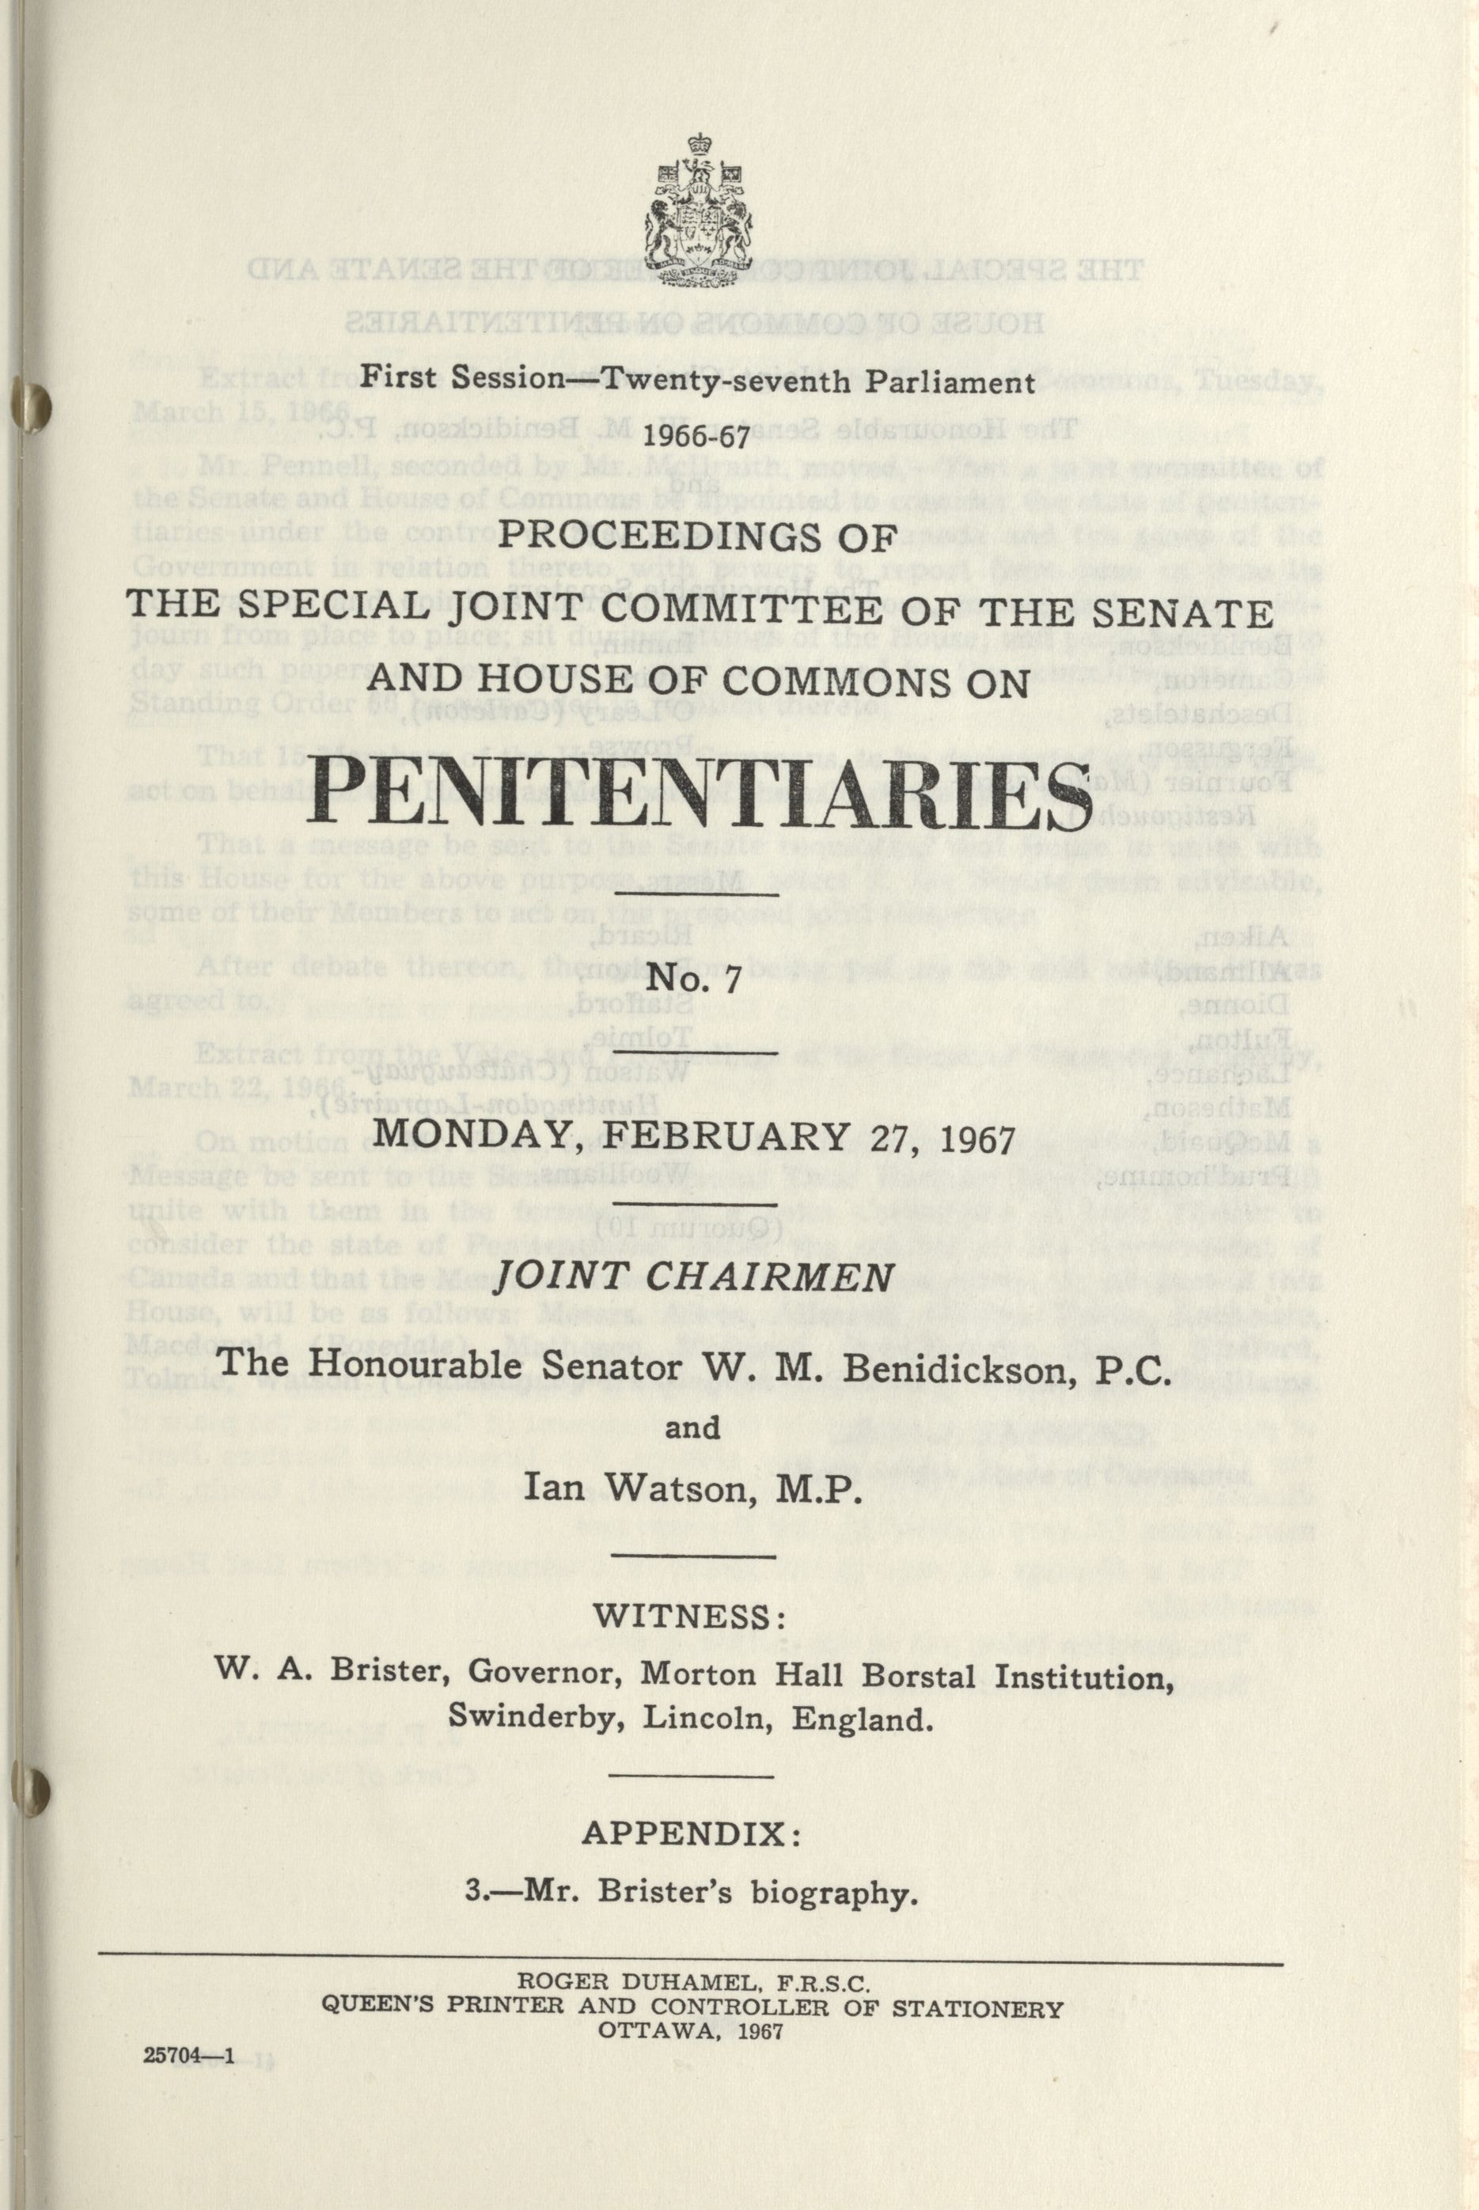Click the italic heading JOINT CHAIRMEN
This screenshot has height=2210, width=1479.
pos(694,1278)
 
